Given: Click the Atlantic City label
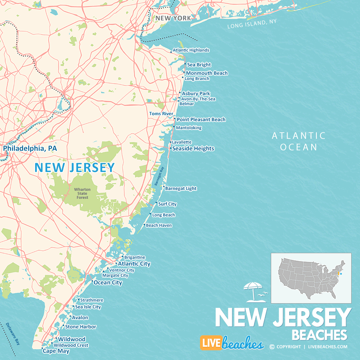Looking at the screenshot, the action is (134, 264).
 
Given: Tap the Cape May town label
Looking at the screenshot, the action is (56, 351).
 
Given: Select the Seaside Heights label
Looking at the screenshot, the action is (193, 148).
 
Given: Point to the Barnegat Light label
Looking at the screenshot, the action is (181, 188).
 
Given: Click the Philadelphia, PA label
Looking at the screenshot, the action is (30, 148).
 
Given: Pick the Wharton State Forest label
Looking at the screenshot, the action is (82, 193).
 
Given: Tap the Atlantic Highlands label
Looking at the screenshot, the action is (191, 50).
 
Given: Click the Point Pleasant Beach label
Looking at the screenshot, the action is (201, 120).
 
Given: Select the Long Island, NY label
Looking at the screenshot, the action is (252, 24).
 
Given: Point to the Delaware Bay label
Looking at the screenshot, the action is (12, 334).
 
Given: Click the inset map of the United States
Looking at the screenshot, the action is (311, 278).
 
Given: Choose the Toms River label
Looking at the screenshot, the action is (161, 114).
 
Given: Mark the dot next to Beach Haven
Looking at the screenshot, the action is (144, 225).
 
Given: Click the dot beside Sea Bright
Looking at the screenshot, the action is (185, 64).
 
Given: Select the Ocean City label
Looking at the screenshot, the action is (108, 282).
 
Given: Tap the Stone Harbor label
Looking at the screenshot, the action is (81, 327).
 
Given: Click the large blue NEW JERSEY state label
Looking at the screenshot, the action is (75, 167).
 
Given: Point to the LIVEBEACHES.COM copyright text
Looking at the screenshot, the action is (308, 347).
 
